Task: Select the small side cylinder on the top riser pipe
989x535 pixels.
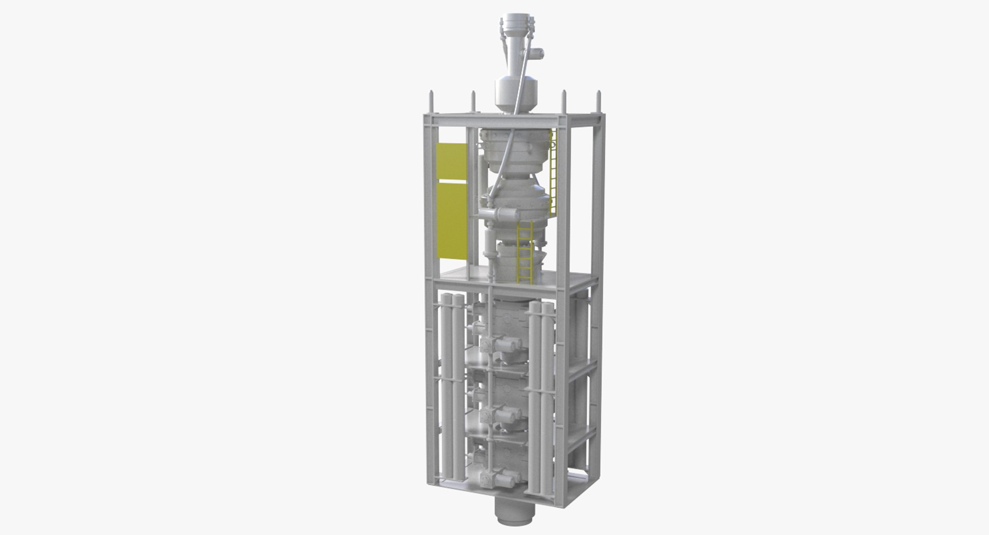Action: click(x=537, y=52)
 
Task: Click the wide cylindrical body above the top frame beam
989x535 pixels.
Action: click(x=515, y=93)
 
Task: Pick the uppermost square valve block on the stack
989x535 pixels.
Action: click(x=487, y=345)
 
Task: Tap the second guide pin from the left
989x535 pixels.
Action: click(x=472, y=101)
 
